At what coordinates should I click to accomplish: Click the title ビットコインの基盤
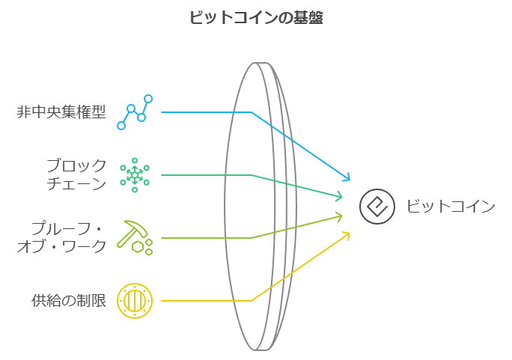tap(256, 17)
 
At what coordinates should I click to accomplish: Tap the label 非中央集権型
tap(61, 112)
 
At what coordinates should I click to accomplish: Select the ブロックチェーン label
tap(76, 174)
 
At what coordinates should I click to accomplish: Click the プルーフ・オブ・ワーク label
tap(61, 237)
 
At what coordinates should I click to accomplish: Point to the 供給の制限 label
tap(69, 301)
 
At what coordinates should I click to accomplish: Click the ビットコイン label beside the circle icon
tap(451, 207)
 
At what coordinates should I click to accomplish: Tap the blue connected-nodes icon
tap(135, 112)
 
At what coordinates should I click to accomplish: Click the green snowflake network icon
tap(135, 175)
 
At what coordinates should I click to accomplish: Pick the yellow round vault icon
tap(135, 301)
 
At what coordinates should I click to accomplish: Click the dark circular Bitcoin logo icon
tap(377, 207)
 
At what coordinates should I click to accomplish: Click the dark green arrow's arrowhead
tap(340, 196)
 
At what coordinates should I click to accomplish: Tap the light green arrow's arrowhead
tap(340, 216)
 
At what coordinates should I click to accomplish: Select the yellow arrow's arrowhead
tap(347, 234)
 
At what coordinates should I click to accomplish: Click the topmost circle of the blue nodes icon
tap(148, 99)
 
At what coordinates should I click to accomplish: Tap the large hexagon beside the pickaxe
tap(138, 247)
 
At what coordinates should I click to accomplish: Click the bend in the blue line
tap(252, 112)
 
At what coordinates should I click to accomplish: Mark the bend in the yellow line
tap(252, 301)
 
